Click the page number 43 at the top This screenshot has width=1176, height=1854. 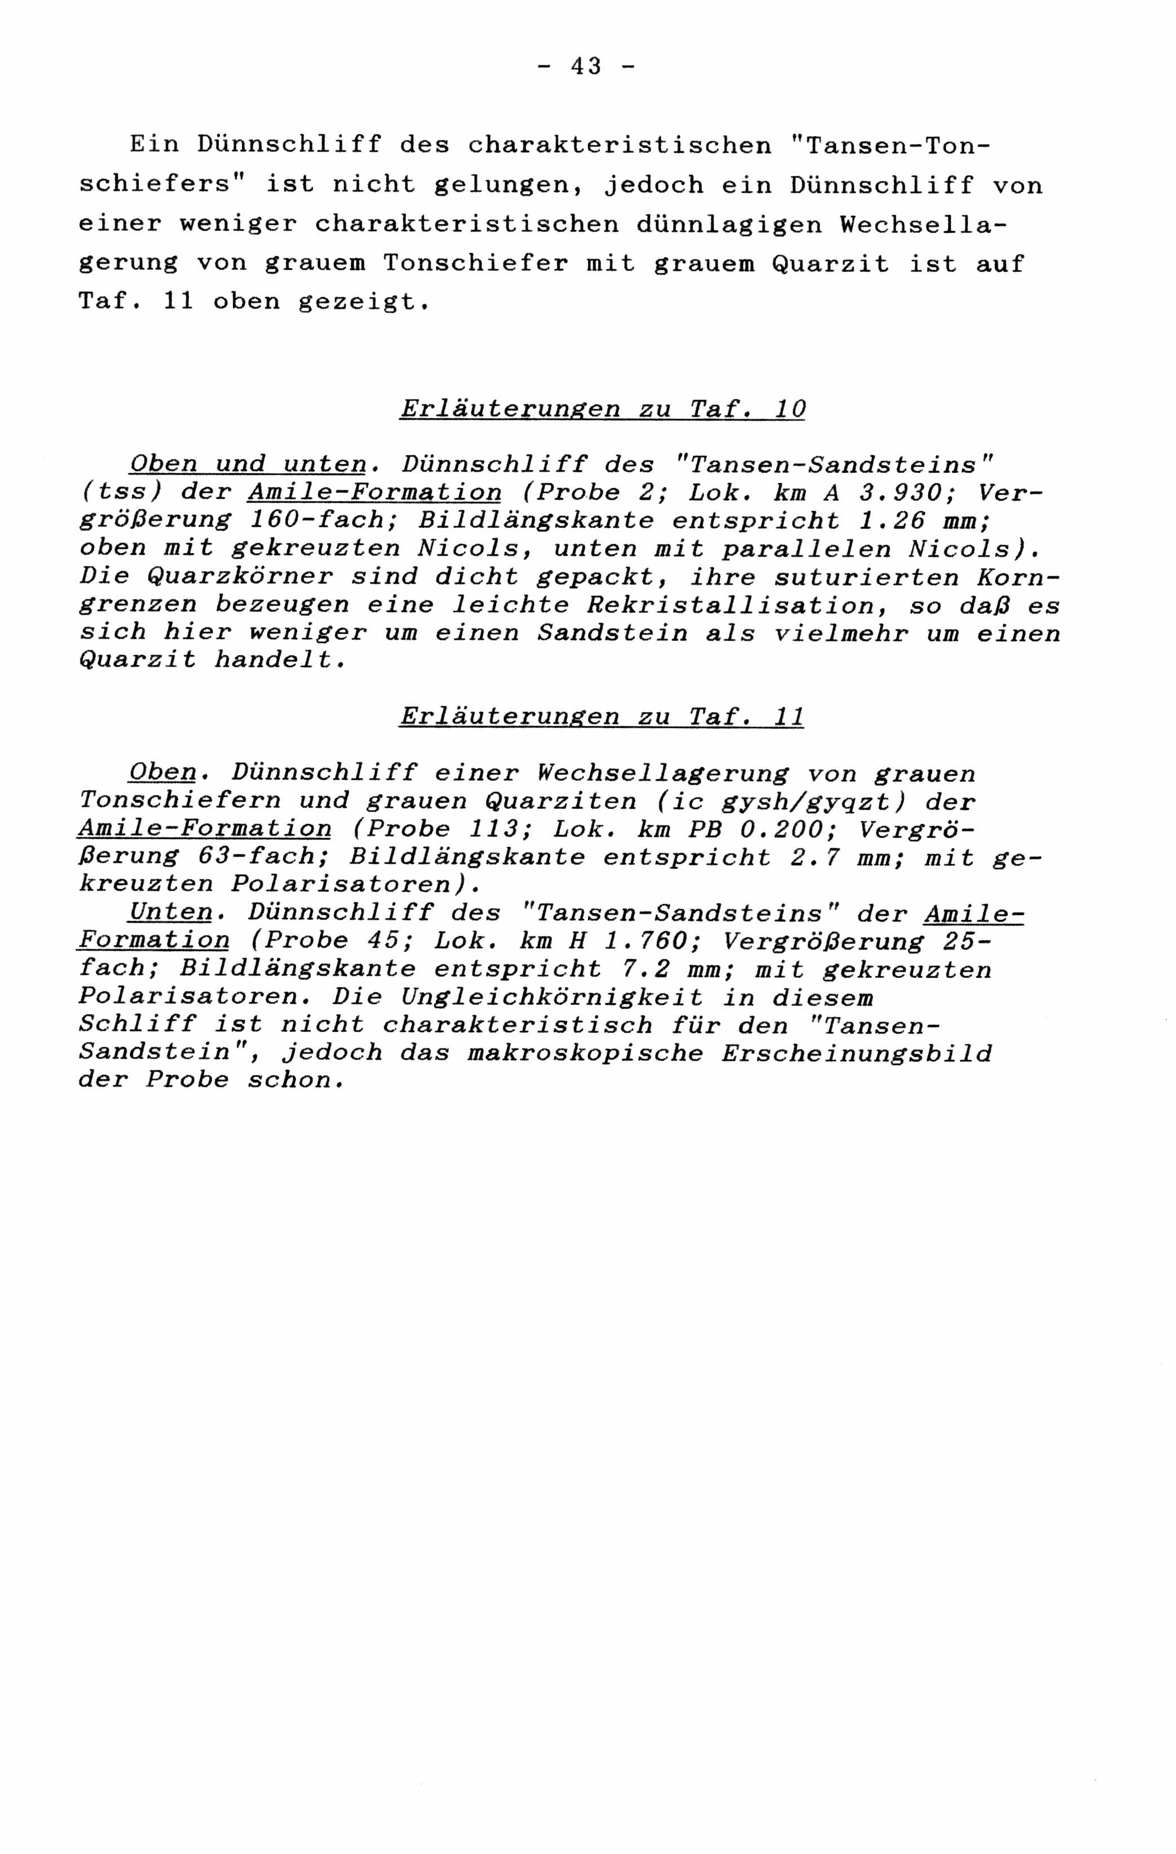(586, 67)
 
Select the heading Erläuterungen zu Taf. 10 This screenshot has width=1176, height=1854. (602, 409)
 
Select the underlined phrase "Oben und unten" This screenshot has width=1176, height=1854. (248, 464)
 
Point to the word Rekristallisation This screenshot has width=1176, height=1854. (731, 605)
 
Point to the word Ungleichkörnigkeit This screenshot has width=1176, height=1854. (552, 997)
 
